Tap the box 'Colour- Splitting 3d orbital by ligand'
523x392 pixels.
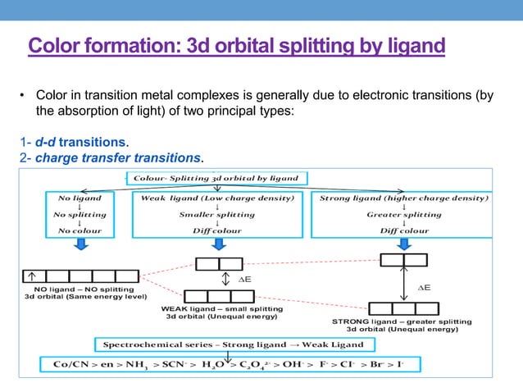click(x=216, y=177)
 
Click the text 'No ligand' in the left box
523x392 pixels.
click(x=80, y=198)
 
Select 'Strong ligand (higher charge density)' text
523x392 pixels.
click(x=404, y=198)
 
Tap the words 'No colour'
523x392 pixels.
click(x=80, y=231)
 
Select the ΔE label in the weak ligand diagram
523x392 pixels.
click(x=243, y=280)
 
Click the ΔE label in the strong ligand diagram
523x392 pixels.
click(x=424, y=288)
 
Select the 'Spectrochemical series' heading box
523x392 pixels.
click(x=230, y=344)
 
